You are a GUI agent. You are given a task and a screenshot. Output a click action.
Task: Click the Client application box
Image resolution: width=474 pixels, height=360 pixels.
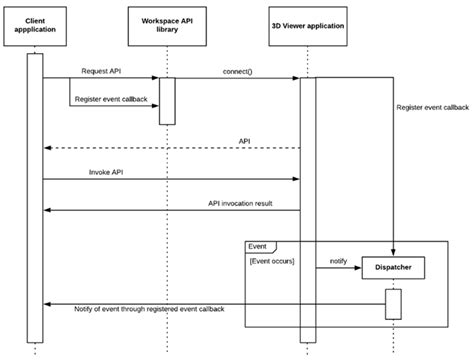pyautogui.click(x=35, y=24)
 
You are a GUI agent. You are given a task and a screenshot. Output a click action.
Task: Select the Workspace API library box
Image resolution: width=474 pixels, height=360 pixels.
pyautogui.click(x=166, y=24)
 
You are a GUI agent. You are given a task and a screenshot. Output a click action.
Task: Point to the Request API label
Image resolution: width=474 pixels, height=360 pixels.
pyautogui.click(x=103, y=71)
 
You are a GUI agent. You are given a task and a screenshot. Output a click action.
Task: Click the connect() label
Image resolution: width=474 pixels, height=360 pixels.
pyautogui.click(x=236, y=71)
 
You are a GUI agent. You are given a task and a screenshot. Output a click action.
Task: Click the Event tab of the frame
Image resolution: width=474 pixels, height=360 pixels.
pyautogui.click(x=258, y=245)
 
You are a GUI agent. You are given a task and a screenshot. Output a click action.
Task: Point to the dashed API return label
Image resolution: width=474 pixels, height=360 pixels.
pyautogui.click(x=244, y=141)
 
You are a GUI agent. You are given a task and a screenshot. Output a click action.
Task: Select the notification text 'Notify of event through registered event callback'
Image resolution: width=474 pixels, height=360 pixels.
pyautogui.click(x=150, y=309)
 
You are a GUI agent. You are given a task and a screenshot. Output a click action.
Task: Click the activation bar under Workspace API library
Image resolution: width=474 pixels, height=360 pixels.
pyautogui.click(x=167, y=100)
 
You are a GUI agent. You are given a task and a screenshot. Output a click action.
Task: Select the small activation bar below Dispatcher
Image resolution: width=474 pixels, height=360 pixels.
pyautogui.click(x=393, y=303)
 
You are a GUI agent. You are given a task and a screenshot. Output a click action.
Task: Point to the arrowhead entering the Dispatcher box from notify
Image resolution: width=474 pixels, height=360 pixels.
pyautogui.click(x=357, y=268)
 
